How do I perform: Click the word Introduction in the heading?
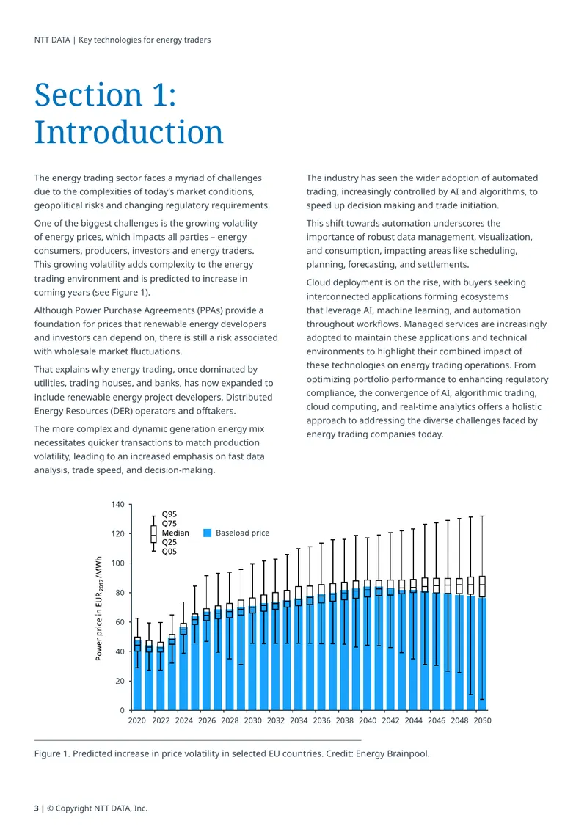pos(128,131)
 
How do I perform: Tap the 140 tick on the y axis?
pos(118,505)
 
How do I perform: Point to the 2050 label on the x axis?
pos(482,720)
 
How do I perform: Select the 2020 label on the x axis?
pos(137,720)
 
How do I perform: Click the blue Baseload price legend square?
pos(208,533)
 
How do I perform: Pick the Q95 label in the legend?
pos(169,514)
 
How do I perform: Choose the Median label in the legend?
pos(175,533)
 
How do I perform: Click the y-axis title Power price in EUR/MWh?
pos(99,608)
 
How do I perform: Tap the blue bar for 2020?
pos(137,675)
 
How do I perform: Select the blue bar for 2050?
pos(482,654)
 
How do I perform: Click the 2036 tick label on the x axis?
pos(321,720)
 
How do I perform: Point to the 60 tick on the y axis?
pos(120,622)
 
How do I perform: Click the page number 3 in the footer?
pos(37,808)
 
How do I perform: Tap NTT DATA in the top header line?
pos(52,40)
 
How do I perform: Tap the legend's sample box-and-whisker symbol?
pos(153,533)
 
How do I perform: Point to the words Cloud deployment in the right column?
pos(346,282)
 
